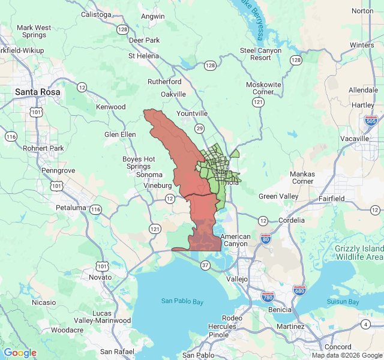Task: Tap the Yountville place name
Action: (x=192, y=113)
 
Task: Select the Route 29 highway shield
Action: (x=200, y=128)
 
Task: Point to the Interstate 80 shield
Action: (x=265, y=239)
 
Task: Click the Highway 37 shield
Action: (x=206, y=265)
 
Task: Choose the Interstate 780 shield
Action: (x=268, y=297)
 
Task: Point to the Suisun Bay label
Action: (x=343, y=302)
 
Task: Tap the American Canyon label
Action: (x=235, y=240)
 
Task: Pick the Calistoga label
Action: (x=97, y=15)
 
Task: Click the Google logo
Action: (x=20, y=353)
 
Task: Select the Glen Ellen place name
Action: (x=120, y=134)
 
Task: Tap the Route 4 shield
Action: (x=365, y=324)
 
